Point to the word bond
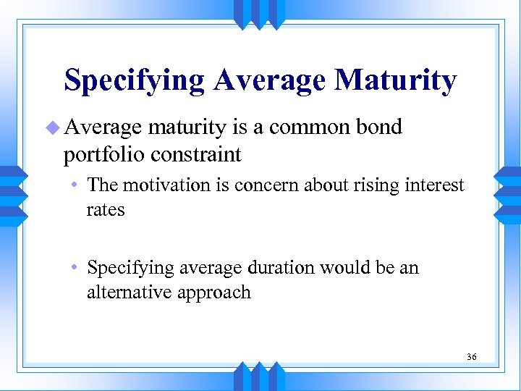click(378, 127)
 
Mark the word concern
click(260, 185)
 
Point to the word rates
click(106, 210)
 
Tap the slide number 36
click(472, 357)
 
